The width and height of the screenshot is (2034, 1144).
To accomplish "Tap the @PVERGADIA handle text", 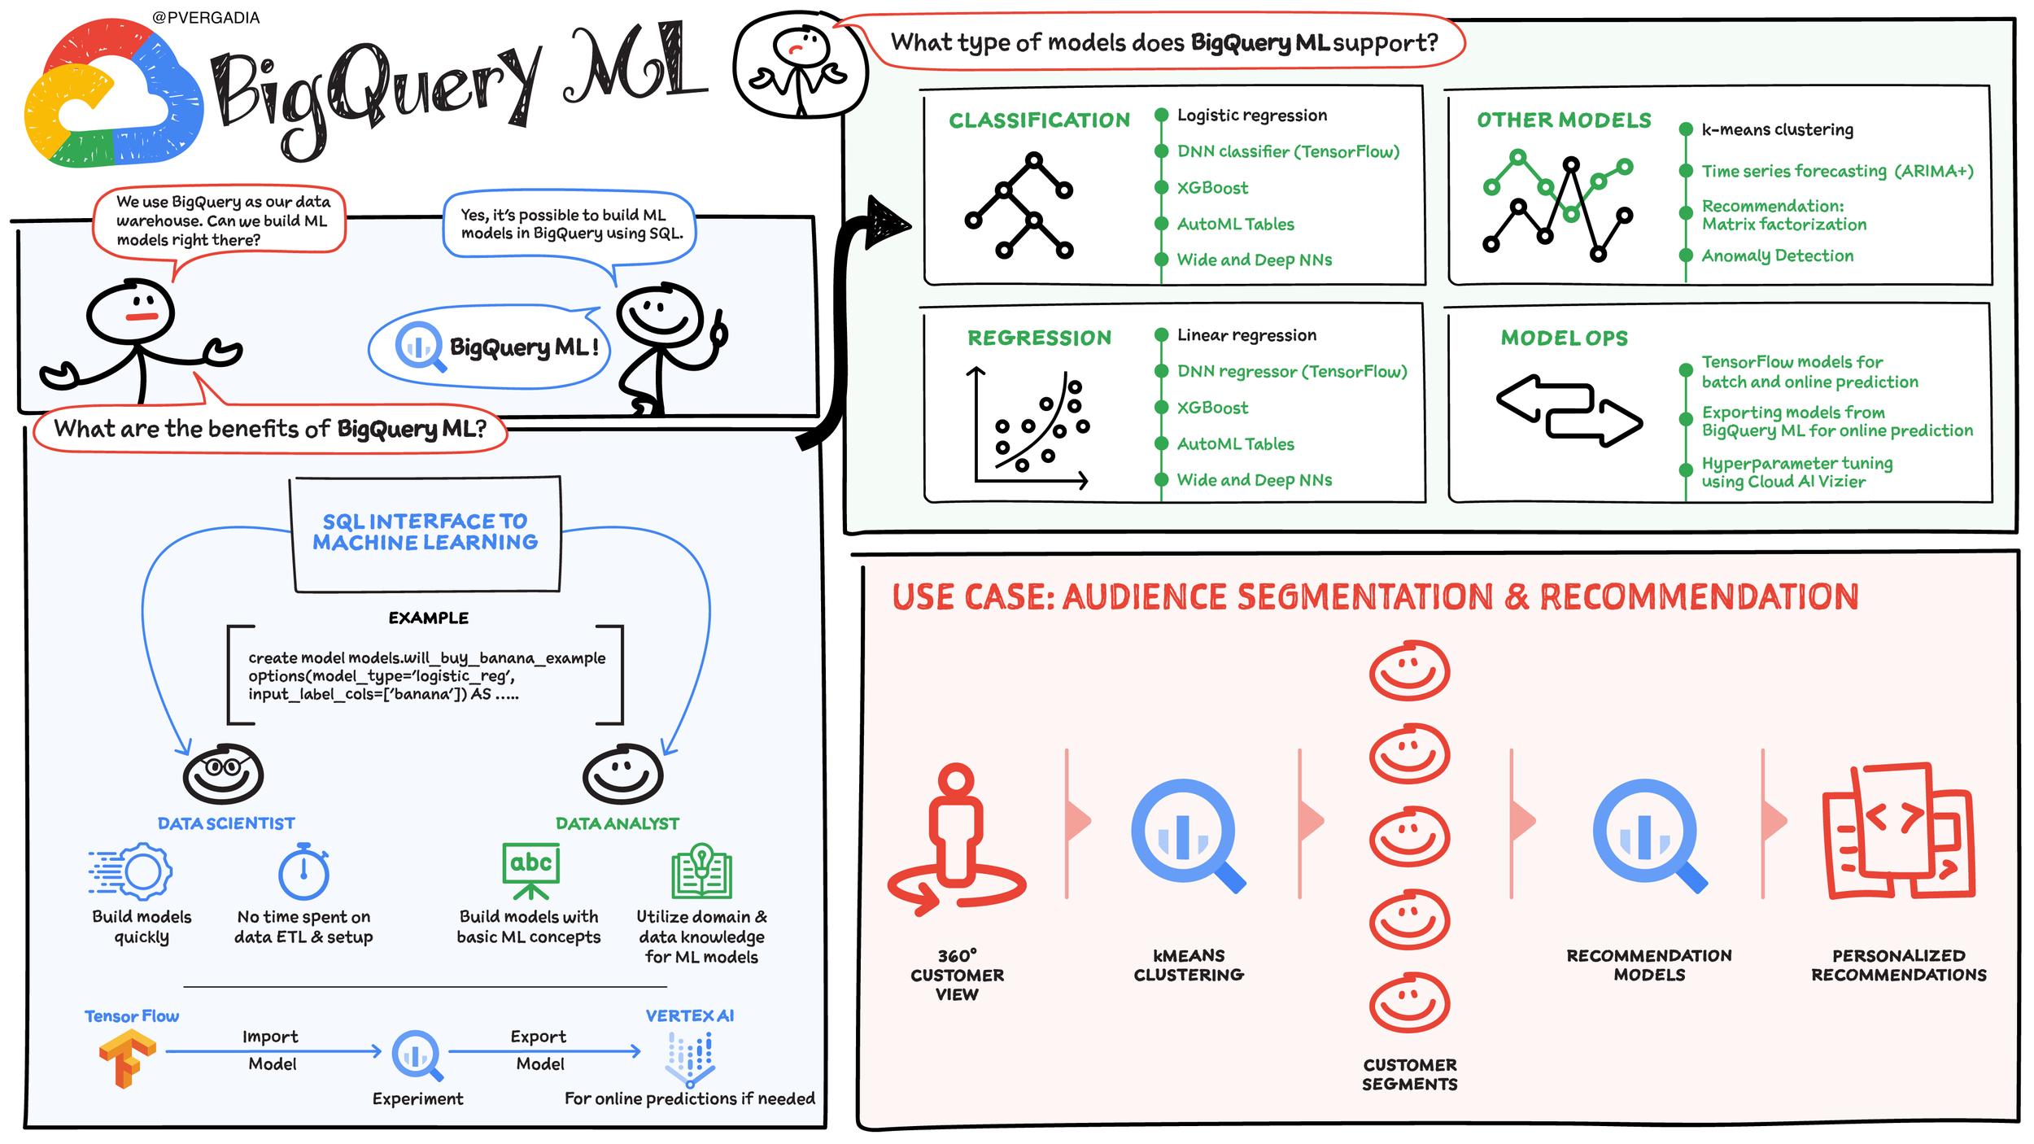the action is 206,18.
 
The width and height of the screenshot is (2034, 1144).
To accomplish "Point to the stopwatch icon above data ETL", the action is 303,871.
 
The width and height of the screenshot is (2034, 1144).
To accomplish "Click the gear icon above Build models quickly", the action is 131,871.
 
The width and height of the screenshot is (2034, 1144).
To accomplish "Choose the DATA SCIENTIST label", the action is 226,823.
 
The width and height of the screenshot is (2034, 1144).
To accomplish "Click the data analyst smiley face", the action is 623,773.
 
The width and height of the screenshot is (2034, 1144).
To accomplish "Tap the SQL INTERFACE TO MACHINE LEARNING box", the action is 426,533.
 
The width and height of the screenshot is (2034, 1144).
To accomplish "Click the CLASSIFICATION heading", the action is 1039,120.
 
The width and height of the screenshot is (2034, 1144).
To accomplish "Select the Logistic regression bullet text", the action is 1252,116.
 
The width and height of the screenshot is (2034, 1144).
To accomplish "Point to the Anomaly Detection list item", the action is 1778,255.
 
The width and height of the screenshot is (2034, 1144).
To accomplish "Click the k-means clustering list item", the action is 1778,129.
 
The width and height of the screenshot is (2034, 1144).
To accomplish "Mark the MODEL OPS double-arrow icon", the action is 1569,411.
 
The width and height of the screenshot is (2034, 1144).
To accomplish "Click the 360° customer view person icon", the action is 957,838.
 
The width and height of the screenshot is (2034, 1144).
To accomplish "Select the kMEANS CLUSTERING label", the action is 1189,965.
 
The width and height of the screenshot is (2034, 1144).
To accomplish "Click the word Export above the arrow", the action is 539,1037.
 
